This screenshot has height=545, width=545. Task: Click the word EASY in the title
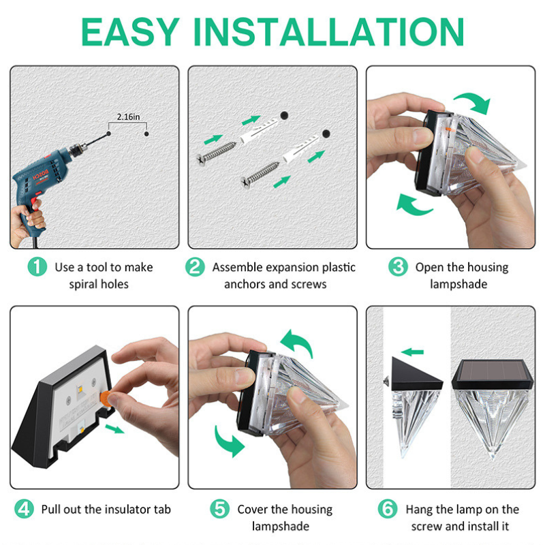pyautogui.click(x=130, y=31)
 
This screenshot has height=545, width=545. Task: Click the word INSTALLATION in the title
pyautogui.click(x=328, y=31)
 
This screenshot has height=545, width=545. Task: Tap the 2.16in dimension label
pyautogui.click(x=128, y=116)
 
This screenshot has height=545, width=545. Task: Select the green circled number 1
pyautogui.click(x=37, y=267)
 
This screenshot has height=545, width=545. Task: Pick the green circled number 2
pyautogui.click(x=195, y=267)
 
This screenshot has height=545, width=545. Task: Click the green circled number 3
pyautogui.click(x=398, y=267)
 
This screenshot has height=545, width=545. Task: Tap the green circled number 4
pyautogui.click(x=24, y=509)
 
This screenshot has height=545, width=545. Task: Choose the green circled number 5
pyautogui.click(x=220, y=509)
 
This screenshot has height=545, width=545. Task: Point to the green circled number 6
pyautogui.click(x=388, y=509)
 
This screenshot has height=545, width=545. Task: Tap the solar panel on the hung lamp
pyautogui.click(x=493, y=371)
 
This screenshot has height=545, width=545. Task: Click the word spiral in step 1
pyautogui.click(x=82, y=284)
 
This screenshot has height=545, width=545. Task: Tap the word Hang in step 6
pyautogui.click(x=419, y=510)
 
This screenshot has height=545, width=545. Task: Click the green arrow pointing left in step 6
pyautogui.click(x=413, y=352)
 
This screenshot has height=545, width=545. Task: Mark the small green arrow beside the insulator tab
pyautogui.click(x=114, y=429)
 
